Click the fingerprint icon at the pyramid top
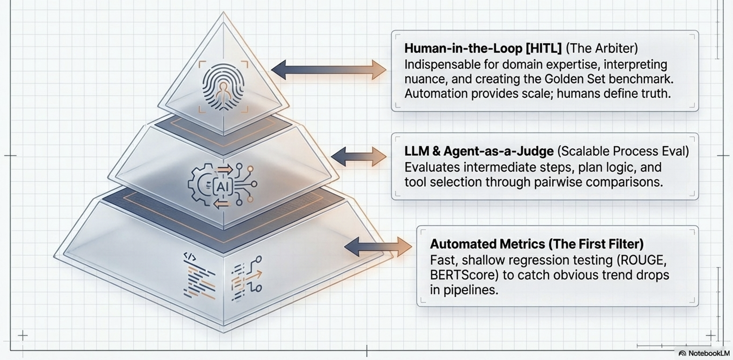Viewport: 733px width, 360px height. [x=223, y=87]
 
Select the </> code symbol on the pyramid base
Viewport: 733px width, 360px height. [x=190, y=257]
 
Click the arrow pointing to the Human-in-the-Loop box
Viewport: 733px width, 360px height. [x=329, y=70]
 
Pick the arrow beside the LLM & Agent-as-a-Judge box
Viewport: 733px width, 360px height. [x=359, y=157]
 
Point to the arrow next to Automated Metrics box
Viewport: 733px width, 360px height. [x=378, y=247]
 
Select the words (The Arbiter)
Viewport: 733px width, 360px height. [x=602, y=49]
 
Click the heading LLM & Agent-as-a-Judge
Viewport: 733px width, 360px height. [x=479, y=151]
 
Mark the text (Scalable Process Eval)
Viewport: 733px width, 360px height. [x=623, y=151]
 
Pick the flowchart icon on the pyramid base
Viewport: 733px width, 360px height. [x=247, y=278]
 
